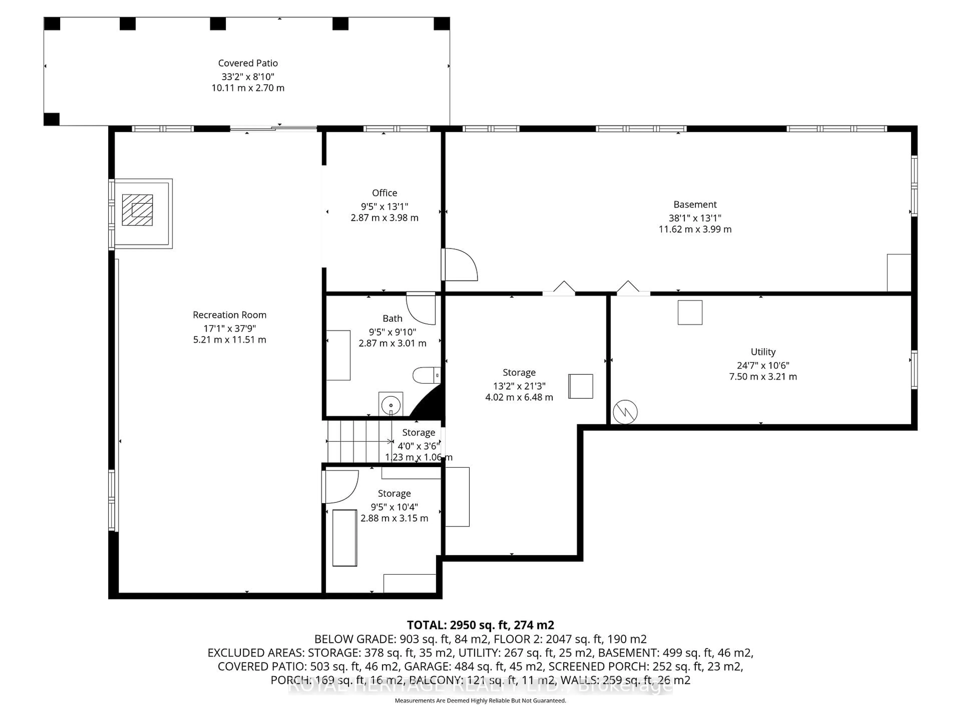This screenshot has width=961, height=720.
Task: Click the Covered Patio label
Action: [x=248, y=63]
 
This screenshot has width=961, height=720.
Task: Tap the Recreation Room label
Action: [x=229, y=315]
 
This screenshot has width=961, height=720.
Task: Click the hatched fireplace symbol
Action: [x=137, y=210]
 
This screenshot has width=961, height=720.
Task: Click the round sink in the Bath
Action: [x=391, y=405]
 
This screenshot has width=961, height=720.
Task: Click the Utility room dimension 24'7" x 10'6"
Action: [x=763, y=365]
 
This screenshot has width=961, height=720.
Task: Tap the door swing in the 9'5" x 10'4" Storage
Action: [x=341, y=486]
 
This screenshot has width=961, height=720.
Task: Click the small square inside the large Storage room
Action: [x=580, y=386]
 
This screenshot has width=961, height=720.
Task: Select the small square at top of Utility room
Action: [x=690, y=312]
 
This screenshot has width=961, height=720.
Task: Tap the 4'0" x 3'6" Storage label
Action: [x=418, y=433]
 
